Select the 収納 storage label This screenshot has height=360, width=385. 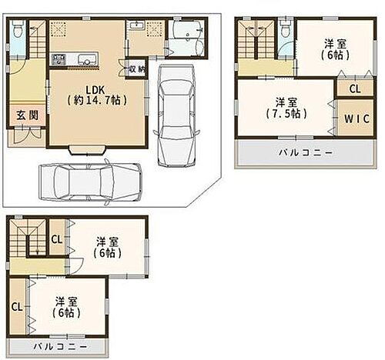tap(137, 69)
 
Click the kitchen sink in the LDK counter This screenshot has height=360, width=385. tap(85, 59)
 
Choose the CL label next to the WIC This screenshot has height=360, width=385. tap(354, 88)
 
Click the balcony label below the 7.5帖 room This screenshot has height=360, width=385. tap(306, 153)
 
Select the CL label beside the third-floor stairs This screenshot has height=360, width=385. tap(57, 238)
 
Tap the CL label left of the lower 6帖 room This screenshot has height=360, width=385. tap(16, 307)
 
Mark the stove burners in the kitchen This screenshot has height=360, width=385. tap(59, 59)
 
